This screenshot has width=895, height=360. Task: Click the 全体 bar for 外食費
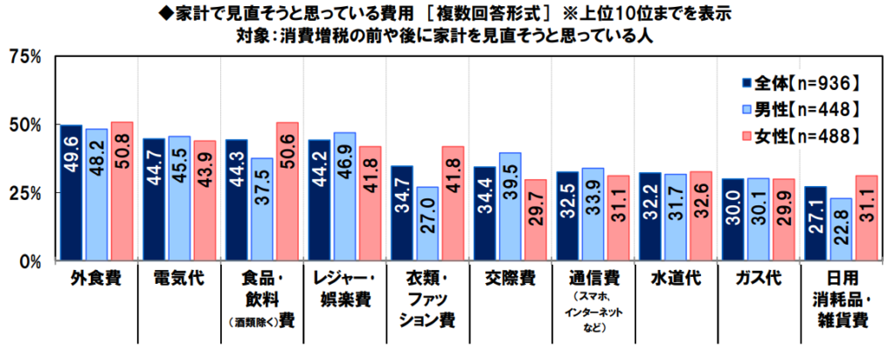tap(72, 192)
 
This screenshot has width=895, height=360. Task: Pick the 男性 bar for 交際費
tap(510, 206)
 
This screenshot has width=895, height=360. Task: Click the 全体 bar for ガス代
tap(732, 219)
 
